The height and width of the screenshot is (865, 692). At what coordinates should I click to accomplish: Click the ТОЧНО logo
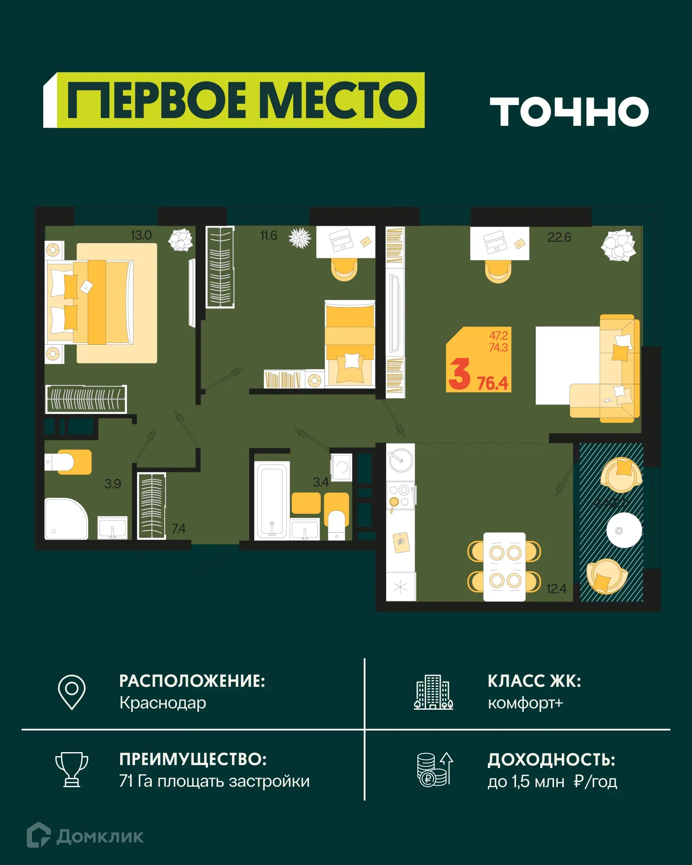[x=569, y=112]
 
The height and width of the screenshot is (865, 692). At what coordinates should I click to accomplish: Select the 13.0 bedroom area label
[x=141, y=235]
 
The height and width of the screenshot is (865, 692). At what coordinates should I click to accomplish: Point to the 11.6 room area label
[x=269, y=236]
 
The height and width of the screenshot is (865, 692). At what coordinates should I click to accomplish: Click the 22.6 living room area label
[x=559, y=237]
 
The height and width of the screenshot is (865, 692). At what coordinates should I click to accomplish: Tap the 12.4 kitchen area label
[x=556, y=589]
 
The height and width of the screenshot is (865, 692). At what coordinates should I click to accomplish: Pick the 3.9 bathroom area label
[x=112, y=484]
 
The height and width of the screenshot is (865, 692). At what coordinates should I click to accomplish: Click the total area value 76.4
[x=492, y=383]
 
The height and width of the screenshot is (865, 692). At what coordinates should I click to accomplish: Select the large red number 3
[x=459, y=375]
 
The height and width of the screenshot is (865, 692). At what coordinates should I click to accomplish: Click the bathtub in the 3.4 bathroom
[x=272, y=501]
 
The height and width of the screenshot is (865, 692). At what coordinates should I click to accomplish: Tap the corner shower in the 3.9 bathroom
[x=66, y=519]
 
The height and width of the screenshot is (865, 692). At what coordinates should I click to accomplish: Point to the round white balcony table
[x=624, y=530]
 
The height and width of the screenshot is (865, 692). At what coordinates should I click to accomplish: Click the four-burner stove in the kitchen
[x=400, y=496]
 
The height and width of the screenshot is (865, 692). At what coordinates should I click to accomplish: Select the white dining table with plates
[x=504, y=567]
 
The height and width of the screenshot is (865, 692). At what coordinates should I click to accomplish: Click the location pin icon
[x=72, y=692]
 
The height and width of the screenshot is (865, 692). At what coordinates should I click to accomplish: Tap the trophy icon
[x=72, y=769]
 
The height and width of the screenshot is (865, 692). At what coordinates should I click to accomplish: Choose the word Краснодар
[x=163, y=703]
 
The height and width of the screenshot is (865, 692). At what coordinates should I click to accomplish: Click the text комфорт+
[x=525, y=703]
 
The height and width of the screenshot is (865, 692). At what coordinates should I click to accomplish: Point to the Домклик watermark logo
[x=85, y=836]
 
